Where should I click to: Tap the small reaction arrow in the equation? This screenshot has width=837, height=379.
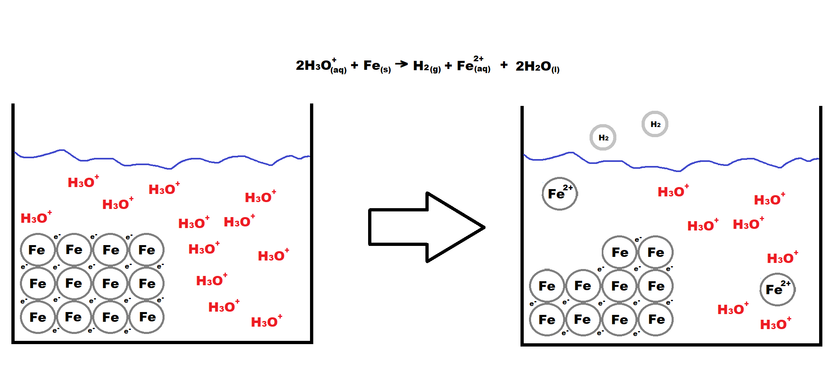point(401,64)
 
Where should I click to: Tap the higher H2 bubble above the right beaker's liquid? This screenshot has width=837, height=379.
point(655,124)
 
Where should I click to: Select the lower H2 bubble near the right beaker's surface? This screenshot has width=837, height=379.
point(603,138)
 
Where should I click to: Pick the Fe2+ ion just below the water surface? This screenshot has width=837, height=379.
point(559,194)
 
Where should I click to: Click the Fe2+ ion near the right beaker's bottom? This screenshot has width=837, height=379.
point(777,289)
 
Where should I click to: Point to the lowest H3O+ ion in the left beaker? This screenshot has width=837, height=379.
point(266,321)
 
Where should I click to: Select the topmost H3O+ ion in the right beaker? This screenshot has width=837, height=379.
point(673,191)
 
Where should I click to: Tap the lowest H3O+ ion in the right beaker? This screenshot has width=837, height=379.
point(775,324)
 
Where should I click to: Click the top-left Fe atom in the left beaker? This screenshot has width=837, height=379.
point(37,250)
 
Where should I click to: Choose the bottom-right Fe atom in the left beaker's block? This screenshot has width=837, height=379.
point(147,317)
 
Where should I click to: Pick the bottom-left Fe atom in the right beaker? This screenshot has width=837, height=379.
point(547,320)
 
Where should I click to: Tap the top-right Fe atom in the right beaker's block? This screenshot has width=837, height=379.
point(656,252)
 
